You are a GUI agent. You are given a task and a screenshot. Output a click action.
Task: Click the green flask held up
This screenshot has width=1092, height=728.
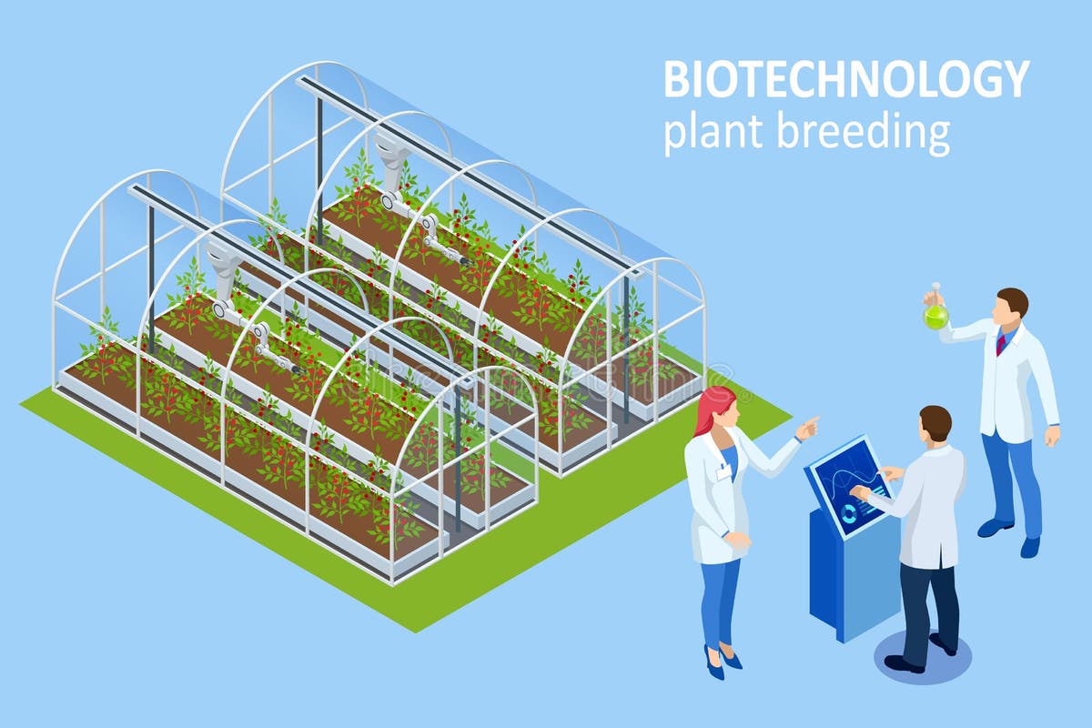(935, 315)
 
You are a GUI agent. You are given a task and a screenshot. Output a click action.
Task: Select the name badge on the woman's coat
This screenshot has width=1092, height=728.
(724, 471)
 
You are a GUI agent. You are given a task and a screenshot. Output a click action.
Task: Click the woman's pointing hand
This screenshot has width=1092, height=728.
(808, 425)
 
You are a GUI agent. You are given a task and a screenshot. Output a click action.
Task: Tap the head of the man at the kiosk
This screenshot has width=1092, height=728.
(935, 423)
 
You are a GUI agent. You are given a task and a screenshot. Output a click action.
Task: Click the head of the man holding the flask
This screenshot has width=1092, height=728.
(1010, 303)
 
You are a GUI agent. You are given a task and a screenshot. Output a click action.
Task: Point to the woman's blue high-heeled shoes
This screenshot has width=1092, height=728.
(719, 660)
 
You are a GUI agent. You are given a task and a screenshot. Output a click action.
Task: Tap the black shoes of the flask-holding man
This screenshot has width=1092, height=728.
(1010, 537)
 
